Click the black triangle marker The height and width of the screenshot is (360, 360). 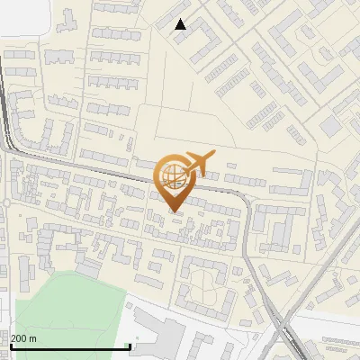click(181, 24)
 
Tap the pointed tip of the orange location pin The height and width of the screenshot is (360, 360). click(175, 211)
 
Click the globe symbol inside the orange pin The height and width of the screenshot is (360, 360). click(172, 175)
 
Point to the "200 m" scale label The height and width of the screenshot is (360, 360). click(23, 338)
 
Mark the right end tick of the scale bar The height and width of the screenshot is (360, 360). click(130, 345)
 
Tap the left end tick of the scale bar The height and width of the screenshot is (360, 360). click(10, 345)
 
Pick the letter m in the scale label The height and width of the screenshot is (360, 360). click(32, 338)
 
